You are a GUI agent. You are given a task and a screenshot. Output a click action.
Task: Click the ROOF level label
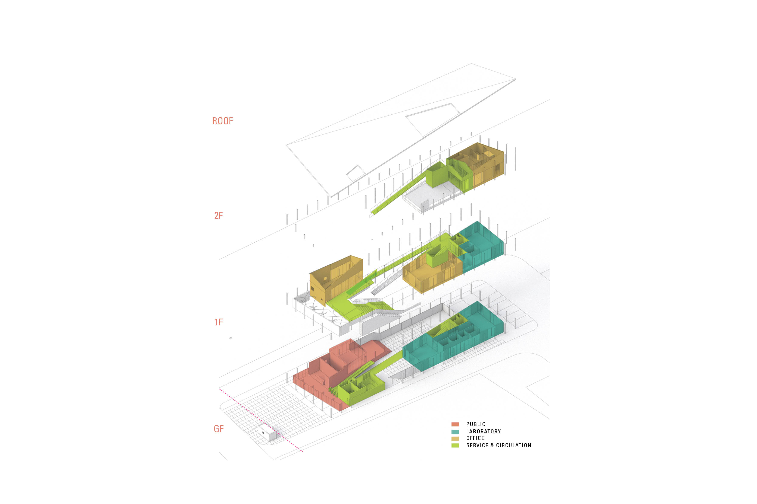click(x=222, y=121)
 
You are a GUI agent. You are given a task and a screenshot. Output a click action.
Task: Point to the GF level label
click(x=219, y=429)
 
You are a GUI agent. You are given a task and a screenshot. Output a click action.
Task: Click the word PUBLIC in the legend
click(x=476, y=424)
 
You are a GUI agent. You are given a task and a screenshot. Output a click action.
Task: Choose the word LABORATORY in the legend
click(x=484, y=431)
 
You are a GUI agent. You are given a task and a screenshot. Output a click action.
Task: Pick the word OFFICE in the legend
click(x=475, y=438)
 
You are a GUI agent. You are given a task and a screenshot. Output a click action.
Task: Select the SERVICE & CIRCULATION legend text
click(x=498, y=445)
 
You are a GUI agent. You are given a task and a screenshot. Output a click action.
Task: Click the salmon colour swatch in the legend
click(x=455, y=424)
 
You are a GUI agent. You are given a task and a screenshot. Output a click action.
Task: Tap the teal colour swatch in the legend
click(x=455, y=431)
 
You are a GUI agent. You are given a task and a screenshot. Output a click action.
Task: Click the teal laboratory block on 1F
click(x=480, y=248)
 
